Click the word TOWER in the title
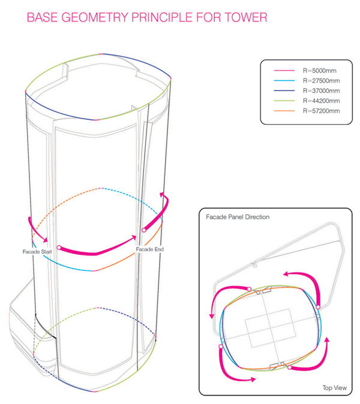246,17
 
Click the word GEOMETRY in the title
95,17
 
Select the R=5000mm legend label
320,71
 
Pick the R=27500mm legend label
322,81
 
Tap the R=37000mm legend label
322,91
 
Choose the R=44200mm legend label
322,101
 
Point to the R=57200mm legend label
322,111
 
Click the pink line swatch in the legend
284,71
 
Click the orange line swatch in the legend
284,111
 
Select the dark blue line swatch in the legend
284,91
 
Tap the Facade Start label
37,252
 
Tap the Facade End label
150,249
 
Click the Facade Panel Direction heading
238,217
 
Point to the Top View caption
334,388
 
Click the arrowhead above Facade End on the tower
162,195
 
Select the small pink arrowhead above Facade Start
45,239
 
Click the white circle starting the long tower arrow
59,248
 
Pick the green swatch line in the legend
284,101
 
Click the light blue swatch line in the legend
284,81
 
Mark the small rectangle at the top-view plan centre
270,328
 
